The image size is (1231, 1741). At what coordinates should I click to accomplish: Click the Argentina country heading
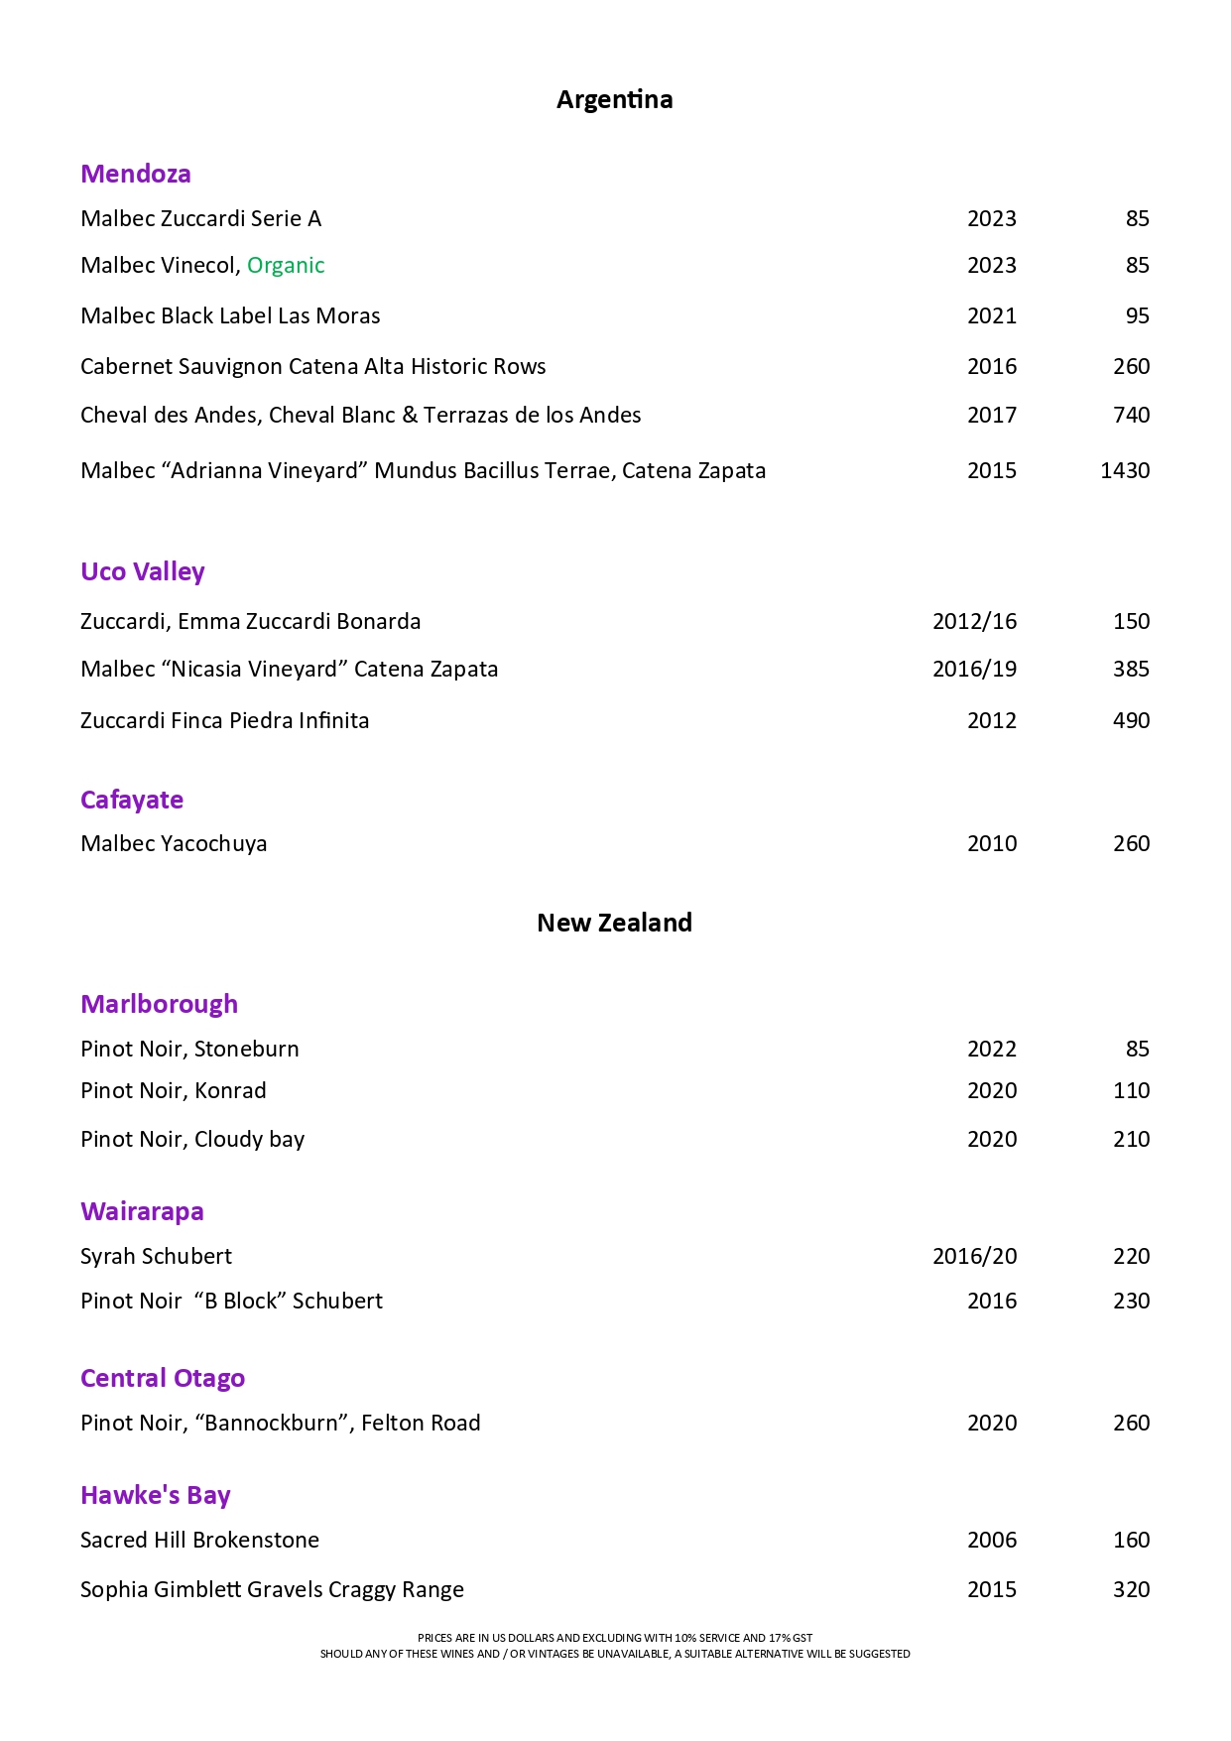point(614,99)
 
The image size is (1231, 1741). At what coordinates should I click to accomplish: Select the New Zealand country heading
point(614,923)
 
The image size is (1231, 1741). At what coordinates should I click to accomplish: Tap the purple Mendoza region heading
point(136,174)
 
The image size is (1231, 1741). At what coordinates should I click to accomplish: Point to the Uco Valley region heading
point(143,571)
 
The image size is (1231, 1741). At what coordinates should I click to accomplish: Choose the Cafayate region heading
point(132,800)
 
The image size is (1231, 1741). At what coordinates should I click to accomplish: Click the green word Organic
point(286,265)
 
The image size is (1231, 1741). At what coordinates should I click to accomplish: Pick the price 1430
point(1125,470)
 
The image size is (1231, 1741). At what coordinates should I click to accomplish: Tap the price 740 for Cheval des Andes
point(1131,415)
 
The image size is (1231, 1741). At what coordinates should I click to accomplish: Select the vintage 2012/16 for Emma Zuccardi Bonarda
point(974,621)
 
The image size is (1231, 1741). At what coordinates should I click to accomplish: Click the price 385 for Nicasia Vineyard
point(1131,669)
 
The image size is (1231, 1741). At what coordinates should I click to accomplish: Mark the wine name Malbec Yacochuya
point(174,843)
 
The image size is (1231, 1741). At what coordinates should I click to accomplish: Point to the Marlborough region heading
point(159,1004)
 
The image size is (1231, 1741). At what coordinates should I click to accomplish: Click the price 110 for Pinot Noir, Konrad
point(1131,1090)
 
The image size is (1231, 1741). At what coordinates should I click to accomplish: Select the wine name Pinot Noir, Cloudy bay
point(192,1139)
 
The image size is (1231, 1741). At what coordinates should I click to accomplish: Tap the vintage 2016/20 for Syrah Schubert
point(974,1256)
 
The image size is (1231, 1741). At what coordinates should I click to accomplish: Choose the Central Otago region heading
point(163,1378)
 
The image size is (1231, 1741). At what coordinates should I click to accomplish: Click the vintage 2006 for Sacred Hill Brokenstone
point(992,1540)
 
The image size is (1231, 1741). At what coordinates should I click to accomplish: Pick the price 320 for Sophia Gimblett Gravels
point(1131,1589)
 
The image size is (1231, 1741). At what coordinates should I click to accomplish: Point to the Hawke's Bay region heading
point(156,1495)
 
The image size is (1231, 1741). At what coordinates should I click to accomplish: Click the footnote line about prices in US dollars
point(615,1638)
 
